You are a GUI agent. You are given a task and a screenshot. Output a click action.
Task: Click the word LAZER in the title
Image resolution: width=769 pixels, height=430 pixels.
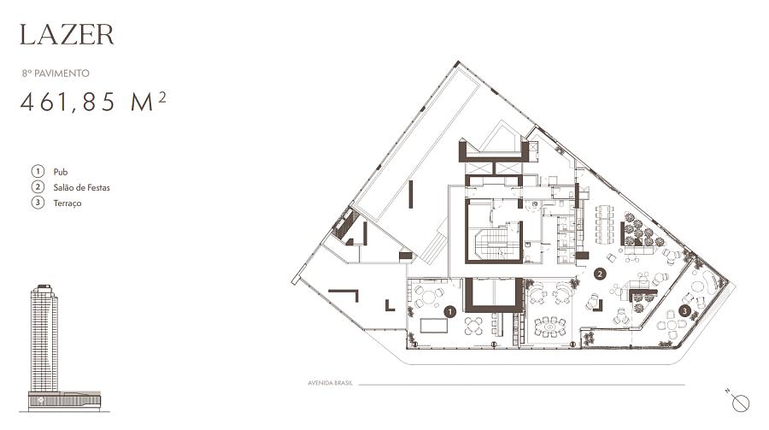pos(67,34)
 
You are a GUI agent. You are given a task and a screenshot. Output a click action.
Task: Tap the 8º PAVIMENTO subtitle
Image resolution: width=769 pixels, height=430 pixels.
pos(56,74)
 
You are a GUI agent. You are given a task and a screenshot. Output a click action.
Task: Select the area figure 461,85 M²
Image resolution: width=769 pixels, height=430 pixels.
pos(92,102)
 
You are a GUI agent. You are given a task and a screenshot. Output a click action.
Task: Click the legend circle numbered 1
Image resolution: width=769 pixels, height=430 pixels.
pos(38,171)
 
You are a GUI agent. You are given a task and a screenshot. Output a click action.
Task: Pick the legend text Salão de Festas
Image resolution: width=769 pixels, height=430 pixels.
pos(81,187)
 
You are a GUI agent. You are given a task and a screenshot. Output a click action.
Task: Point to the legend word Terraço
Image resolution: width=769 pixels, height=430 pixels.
pos(68,203)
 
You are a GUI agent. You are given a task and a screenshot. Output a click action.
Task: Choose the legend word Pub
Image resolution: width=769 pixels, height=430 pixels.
pos(61,172)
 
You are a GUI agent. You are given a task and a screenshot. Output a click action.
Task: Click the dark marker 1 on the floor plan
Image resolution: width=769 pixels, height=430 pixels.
pos(449,311)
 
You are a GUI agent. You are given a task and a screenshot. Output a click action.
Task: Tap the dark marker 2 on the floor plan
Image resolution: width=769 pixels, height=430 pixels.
pos(599,274)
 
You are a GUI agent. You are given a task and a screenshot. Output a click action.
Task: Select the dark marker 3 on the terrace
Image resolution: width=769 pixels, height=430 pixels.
pos(684,310)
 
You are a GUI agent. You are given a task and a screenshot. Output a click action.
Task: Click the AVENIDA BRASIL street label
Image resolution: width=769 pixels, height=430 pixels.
pos(330,383)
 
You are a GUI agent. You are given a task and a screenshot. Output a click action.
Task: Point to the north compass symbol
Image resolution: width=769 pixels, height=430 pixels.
pos(739,402)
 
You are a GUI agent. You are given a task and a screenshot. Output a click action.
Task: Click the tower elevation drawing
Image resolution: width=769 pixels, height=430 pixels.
pos(44,348)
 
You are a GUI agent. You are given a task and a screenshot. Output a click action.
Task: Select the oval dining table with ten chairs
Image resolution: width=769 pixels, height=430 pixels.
pos(550,326)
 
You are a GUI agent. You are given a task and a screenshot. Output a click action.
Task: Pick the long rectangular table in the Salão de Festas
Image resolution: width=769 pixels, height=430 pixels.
pos(604,224)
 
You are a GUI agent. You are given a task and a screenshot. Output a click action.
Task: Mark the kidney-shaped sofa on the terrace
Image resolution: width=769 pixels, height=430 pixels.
pos(706,284)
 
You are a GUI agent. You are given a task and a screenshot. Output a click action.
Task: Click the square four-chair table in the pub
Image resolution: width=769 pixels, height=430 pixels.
pos(473,326)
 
